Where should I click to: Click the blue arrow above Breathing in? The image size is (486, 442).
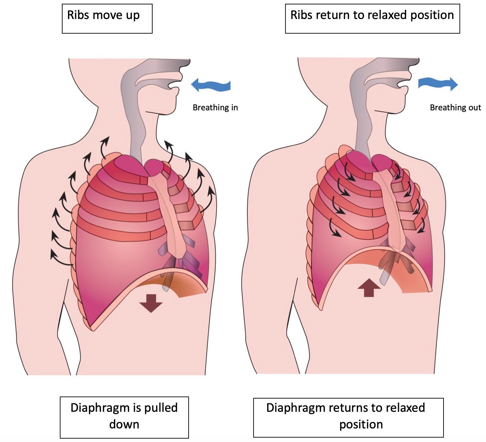(211, 85)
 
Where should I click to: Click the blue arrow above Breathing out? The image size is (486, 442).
(438, 84)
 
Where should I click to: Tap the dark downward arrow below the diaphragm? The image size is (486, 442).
(151, 303)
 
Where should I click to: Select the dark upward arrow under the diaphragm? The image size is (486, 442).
(369, 288)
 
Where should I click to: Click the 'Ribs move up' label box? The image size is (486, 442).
(107, 19)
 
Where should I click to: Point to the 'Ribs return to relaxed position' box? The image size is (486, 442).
(372, 19)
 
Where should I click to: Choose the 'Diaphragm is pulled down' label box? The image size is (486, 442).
(124, 417)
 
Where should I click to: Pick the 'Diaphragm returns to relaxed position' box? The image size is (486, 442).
(348, 417)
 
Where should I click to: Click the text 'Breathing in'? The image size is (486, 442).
(215, 108)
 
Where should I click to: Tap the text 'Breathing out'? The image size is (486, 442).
(455, 108)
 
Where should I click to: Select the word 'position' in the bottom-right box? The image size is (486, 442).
(361, 424)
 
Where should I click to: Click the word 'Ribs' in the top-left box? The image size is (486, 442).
(78, 15)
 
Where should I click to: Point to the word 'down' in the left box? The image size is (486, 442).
(124, 424)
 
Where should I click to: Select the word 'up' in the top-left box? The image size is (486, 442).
(133, 16)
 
